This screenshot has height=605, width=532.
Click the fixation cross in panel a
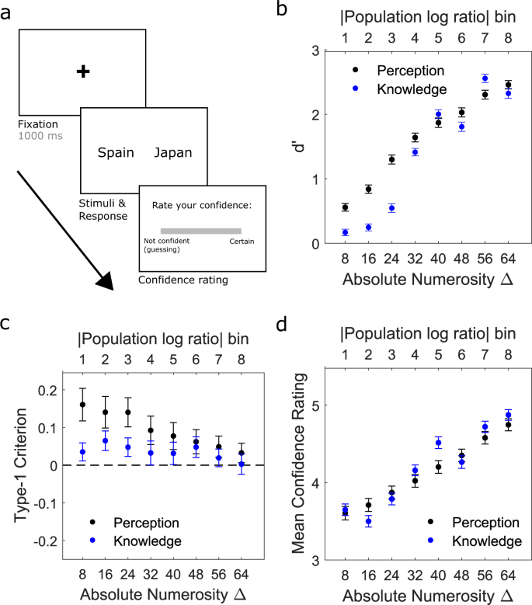click(83, 71)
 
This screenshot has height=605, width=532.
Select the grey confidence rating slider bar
click(200, 231)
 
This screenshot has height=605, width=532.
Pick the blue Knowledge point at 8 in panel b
click(345, 232)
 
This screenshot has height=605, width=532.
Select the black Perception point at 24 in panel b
click(391, 159)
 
